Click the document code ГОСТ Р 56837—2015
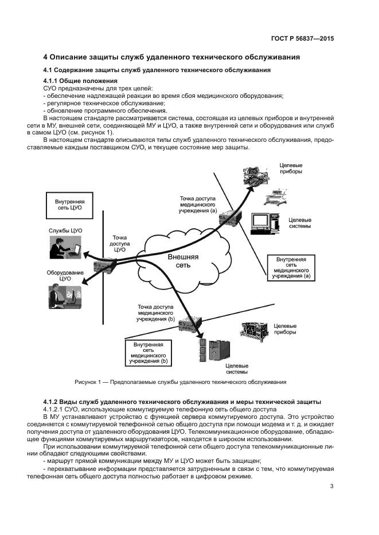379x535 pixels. (302, 39)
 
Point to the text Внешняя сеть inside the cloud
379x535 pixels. (183, 261)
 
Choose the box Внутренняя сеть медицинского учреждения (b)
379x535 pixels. (149, 353)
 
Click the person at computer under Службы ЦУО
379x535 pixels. (65, 249)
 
